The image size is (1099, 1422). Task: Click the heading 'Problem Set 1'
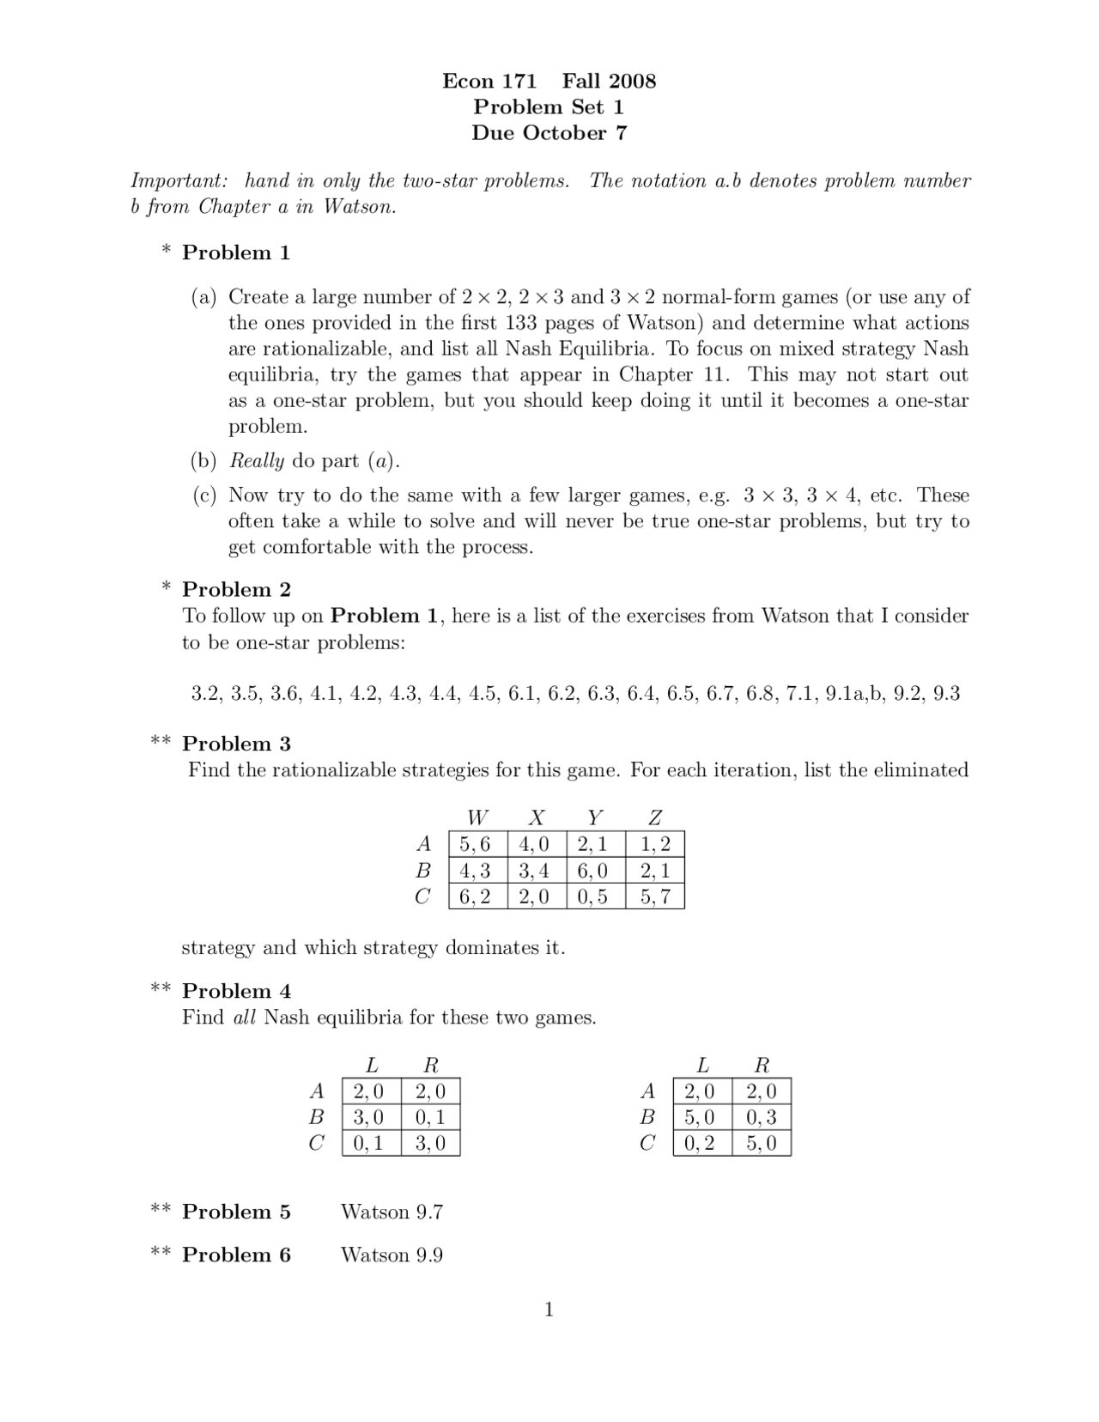pos(549,107)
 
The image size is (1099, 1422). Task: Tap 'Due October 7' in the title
pos(549,133)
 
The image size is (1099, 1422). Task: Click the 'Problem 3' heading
pos(236,744)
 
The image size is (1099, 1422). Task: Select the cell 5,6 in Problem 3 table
pos(476,844)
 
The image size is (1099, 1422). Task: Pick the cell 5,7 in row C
pos(655,897)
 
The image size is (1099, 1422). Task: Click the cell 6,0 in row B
pos(592,871)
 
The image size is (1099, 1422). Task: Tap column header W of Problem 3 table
pos(477,817)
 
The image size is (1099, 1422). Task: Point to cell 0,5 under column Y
pos(592,897)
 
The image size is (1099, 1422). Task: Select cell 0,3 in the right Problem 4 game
pos(762,1117)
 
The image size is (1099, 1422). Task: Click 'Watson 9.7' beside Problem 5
pos(392,1212)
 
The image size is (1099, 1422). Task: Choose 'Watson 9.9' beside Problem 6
pos(392,1255)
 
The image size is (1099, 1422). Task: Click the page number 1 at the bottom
pos(549,1310)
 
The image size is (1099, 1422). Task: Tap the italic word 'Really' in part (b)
pos(257,461)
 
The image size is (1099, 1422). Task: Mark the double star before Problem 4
pos(161,989)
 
